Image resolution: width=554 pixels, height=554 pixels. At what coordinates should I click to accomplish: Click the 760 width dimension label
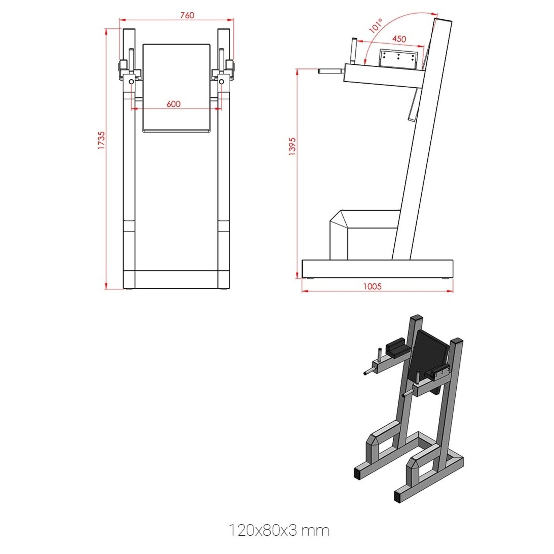click(x=187, y=15)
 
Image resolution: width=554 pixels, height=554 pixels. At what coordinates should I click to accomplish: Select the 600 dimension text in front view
click(x=173, y=104)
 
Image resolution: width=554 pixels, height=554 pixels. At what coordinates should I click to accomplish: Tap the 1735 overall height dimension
click(x=101, y=140)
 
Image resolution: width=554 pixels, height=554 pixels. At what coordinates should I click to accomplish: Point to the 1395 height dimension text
click(x=292, y=146)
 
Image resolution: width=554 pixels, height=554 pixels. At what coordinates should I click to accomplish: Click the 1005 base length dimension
click(x=372, y=286)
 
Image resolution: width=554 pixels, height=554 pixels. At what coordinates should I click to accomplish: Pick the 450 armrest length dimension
click(x=399, y=39)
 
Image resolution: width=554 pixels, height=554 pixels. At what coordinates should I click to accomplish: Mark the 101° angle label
click(x=376, y=26)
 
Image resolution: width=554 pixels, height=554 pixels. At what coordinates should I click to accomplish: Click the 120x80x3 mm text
click(x=279, y=530)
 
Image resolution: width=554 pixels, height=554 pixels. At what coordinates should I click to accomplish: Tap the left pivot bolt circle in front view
click(x=131, y=82)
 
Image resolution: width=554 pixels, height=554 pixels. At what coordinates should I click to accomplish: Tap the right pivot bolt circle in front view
click(x=222, y=82)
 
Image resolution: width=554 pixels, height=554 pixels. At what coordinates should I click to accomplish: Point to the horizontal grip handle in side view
click(x=331, y=71)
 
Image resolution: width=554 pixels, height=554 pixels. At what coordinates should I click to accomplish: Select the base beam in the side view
click(x=377, y=269)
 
